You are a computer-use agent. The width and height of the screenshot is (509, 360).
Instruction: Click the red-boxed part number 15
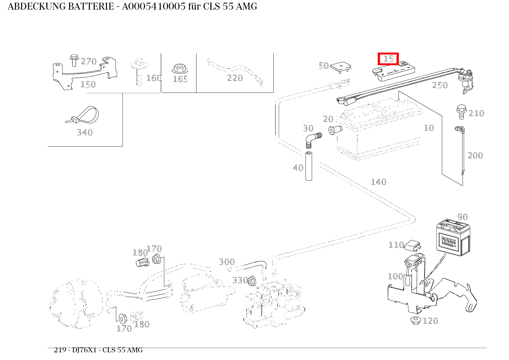(388, 59)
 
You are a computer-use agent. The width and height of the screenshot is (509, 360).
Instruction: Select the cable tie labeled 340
(83, 116)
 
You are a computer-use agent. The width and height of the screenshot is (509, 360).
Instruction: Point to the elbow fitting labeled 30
(312, 140)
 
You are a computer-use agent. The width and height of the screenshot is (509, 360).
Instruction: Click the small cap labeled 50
(341, 67)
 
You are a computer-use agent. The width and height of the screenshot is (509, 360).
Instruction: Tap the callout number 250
(440, 85)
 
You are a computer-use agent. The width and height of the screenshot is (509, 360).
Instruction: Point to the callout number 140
(378, 182)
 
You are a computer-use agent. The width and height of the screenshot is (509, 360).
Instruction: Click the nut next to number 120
(415, 320)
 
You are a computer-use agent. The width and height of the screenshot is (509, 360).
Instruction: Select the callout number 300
(226, 262)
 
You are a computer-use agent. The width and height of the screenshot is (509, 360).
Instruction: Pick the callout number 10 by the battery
(429, 128)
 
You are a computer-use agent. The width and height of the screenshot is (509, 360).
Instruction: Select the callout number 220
(235, 78)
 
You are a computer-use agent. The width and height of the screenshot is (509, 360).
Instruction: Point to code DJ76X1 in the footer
(85, 350)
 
